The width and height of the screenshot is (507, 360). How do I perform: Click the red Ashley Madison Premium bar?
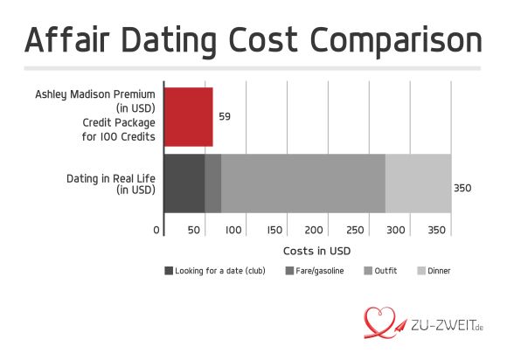pos(188,116)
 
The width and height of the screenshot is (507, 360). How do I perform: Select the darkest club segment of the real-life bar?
pos(184,183)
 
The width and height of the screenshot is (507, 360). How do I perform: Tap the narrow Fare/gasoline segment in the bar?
pos(212,183)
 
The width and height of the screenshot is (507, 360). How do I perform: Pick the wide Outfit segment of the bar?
pos(302,183)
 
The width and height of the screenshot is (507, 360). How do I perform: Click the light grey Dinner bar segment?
pos(418,183)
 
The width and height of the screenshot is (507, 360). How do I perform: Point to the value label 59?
pos(225,116)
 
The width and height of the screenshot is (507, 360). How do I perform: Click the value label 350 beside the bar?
pos(463,188)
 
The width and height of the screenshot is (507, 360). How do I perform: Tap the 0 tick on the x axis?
pos(157,230)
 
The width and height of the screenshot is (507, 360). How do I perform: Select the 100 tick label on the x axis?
pos(233,230)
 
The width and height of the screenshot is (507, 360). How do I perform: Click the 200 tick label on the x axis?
pos(315,230)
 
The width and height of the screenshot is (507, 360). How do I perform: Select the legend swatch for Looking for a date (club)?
pos(169,271)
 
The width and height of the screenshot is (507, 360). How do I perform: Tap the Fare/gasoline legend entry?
pos(314,271)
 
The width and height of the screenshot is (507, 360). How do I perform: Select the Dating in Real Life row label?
pos(110,183)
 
